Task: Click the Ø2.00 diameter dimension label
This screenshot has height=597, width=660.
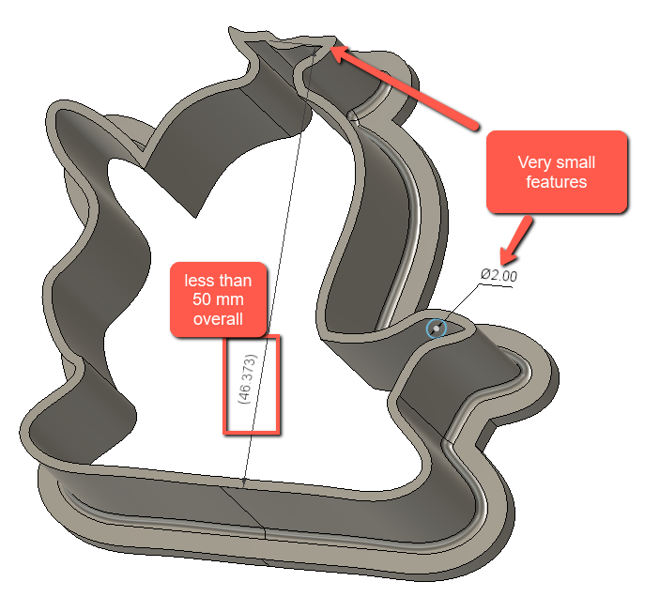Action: pos(499,275)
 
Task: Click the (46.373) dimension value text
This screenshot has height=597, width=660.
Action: pos(247,379)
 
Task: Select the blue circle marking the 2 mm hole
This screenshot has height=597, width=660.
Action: pos(436,329)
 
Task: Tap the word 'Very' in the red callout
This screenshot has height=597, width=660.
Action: pos(534,162)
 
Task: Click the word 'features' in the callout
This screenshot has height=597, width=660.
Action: pos(556,182)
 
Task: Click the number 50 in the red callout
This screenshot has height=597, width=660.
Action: pos(201,299)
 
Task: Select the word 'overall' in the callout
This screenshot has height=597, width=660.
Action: pos(218,319)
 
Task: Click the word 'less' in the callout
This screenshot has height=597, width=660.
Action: pos(196,281)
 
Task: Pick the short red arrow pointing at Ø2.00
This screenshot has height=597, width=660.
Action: pos(515,239)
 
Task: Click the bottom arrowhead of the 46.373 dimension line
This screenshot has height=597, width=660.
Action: pos(243,483)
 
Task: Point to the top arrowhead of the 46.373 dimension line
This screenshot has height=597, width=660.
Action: pos(315,52)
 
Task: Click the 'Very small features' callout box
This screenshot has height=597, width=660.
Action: pos(557,172)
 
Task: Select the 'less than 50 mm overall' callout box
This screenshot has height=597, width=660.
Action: pos(218,299)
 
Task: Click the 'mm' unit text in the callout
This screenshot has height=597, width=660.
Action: pos(229,300)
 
